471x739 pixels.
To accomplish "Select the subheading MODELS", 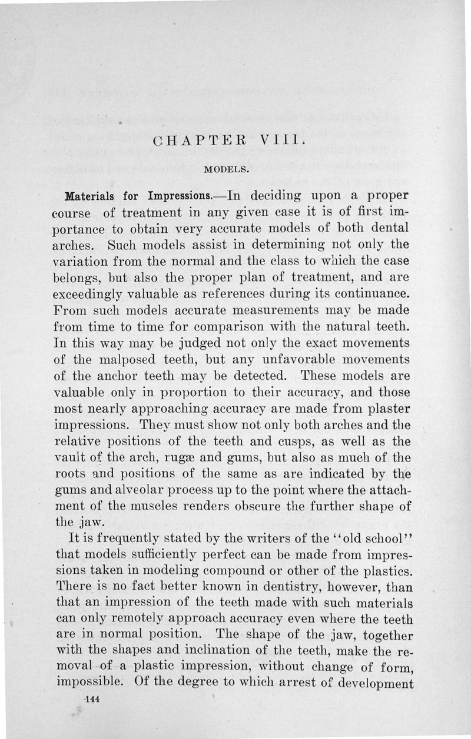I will point(228,170).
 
